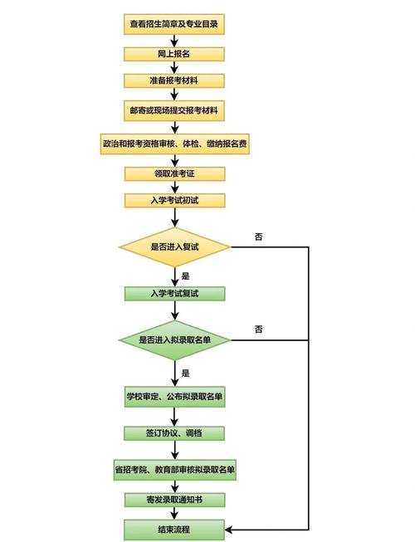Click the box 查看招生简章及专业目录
[174, 26]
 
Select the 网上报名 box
[174, 54]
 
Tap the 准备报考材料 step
[174, 81]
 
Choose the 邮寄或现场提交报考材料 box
[174, 110]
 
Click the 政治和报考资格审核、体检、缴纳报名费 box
[174, 143]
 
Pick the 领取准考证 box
[174, 173]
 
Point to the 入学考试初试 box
[174, 200]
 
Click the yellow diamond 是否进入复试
[174, 247]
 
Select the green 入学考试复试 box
[174, 293]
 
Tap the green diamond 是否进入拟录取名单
[174, 339]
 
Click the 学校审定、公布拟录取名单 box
[174, 397]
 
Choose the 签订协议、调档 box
[174, 433]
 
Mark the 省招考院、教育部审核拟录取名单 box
[174, 470]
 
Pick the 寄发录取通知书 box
[174, 500]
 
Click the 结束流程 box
[174, 528]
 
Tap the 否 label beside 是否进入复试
[259, 237]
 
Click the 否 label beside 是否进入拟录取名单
[259, 330]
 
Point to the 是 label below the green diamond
[186, 373]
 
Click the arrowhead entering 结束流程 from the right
[229, 529]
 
